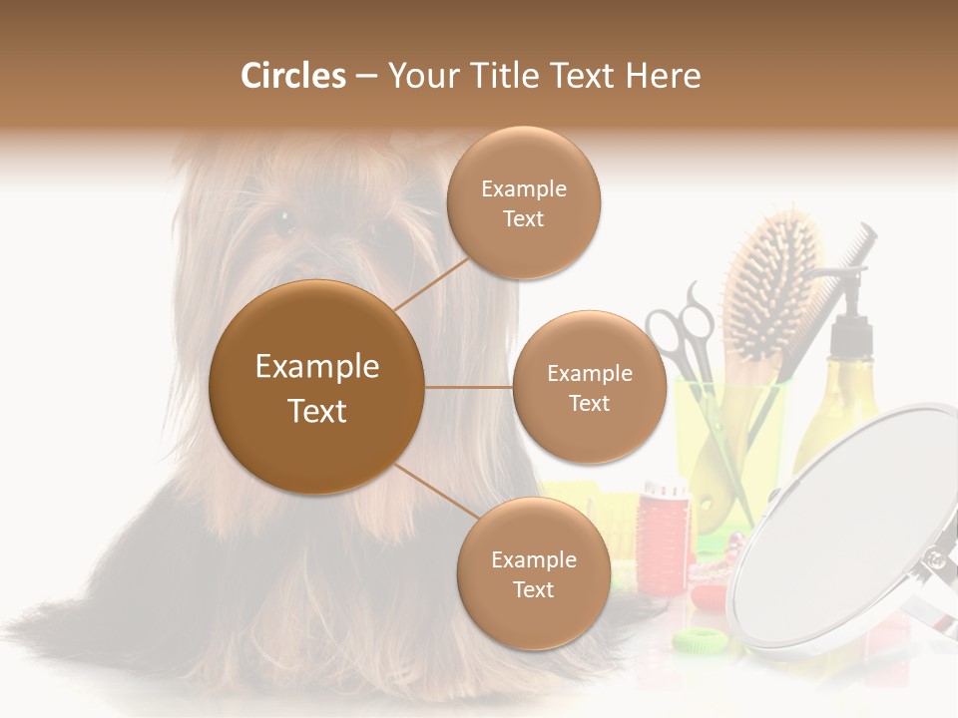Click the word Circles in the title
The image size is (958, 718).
click(292, 76)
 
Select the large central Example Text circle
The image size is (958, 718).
click(316, 387)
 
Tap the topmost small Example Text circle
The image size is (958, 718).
click(523, 202)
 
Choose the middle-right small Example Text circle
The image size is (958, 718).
click(589, 387)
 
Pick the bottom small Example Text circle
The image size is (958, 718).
click(533, 573)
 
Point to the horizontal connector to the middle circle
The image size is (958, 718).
click(468, 387)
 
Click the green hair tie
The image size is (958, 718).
click(703, 639)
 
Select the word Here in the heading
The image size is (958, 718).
click(664, 76)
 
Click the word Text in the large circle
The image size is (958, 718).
click(316, 410)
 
